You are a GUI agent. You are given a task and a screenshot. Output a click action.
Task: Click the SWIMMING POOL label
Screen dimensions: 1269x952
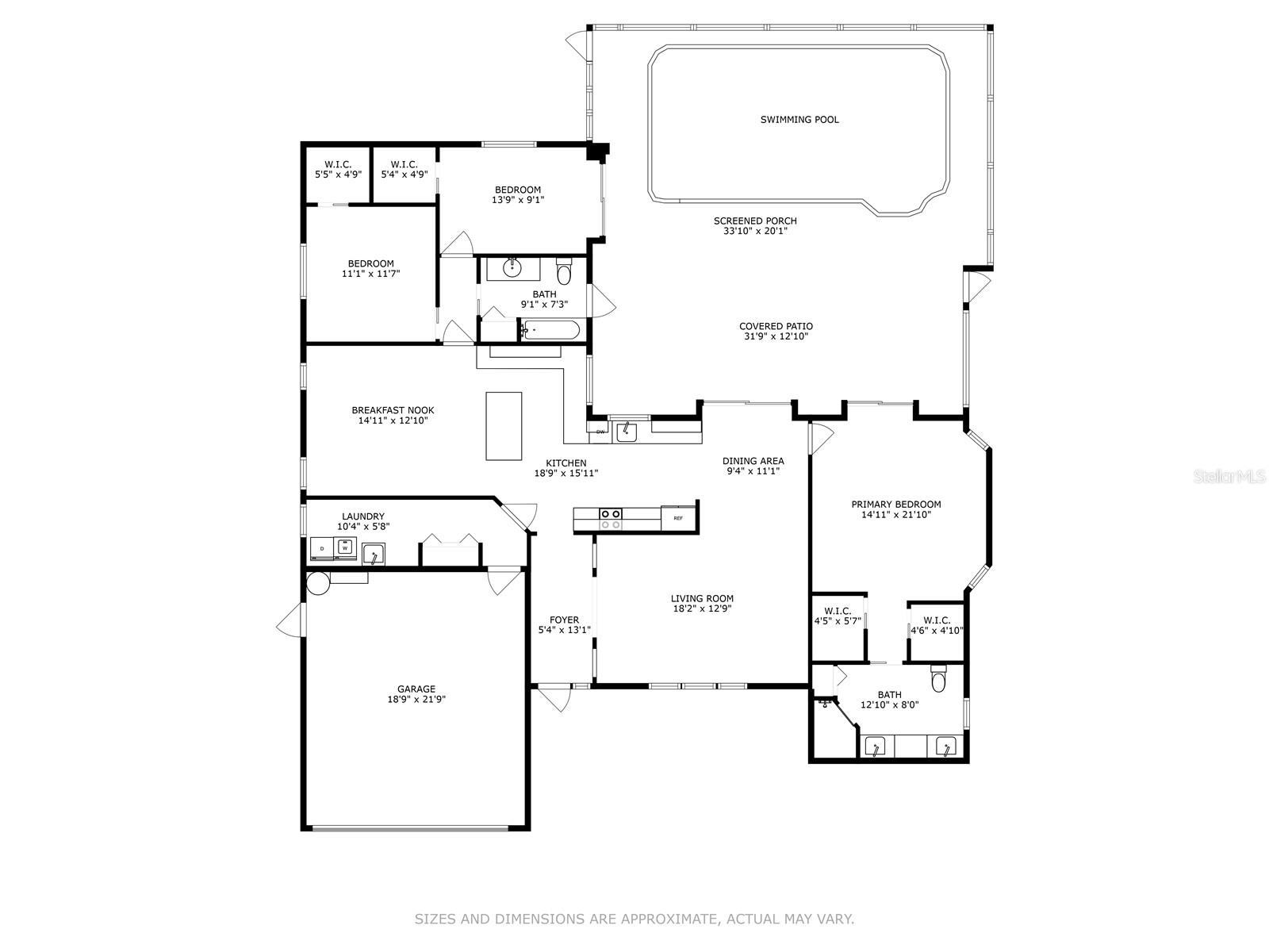pos(799,120)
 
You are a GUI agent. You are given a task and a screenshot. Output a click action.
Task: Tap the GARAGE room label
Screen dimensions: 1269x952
pos(416,689)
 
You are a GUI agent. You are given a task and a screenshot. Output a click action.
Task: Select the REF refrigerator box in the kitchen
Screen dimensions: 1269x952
pos(678,518)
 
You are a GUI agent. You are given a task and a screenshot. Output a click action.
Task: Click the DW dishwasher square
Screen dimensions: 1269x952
pos(600,432)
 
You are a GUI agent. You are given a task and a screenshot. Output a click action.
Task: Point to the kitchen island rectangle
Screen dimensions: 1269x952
pos(504,426)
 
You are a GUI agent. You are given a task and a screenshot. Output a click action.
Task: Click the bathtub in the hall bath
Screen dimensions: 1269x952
pos(550,330)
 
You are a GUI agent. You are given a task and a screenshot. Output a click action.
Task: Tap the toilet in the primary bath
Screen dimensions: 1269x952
pos(937,678)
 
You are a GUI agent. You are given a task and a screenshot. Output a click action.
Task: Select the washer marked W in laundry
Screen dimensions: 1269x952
pos(345,547)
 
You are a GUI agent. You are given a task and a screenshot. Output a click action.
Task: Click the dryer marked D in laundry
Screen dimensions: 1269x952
pos(322,548)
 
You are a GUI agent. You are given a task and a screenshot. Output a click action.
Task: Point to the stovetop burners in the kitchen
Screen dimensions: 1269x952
pos(611,519)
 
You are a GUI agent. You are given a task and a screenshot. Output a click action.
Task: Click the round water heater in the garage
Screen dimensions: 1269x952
pos(318,583)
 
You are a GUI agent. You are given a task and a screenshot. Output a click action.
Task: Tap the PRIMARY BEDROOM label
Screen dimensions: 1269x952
pos(896,504)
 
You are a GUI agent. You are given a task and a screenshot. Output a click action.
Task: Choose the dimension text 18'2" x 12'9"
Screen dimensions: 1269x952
pos(703,608)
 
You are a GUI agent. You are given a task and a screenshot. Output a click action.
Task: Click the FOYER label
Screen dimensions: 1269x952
pos(564,620)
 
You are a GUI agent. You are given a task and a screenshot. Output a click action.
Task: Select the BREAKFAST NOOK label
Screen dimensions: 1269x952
pos(393,410)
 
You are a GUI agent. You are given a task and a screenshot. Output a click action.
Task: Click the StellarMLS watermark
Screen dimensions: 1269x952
pos(1237,477)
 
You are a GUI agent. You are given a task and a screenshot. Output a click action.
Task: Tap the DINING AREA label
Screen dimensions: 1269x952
pos(753,461)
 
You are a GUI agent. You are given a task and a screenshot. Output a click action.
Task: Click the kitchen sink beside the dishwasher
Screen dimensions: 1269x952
pos(625,432)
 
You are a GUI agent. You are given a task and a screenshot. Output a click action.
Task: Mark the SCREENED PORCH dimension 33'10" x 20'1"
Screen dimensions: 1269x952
pos(755,231)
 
